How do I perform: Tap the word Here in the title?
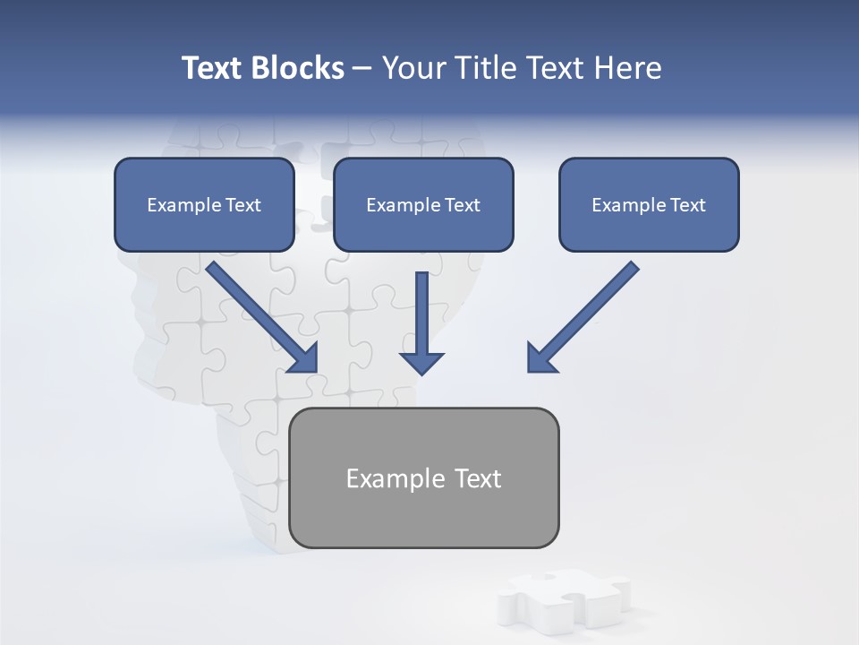click(x=626, y=68)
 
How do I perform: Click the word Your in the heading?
click(x=415, y=68)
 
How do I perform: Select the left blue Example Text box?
click(x=204, y=204)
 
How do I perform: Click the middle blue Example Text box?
click(x=423, y=204)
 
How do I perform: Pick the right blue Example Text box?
click(x=649, y=204)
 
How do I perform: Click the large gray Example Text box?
click(x=424, y=477)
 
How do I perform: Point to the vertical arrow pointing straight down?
click(x=421, y=322)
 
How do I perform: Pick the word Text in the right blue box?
click(x=688, y=205)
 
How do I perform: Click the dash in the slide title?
click(x=362, y=69)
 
